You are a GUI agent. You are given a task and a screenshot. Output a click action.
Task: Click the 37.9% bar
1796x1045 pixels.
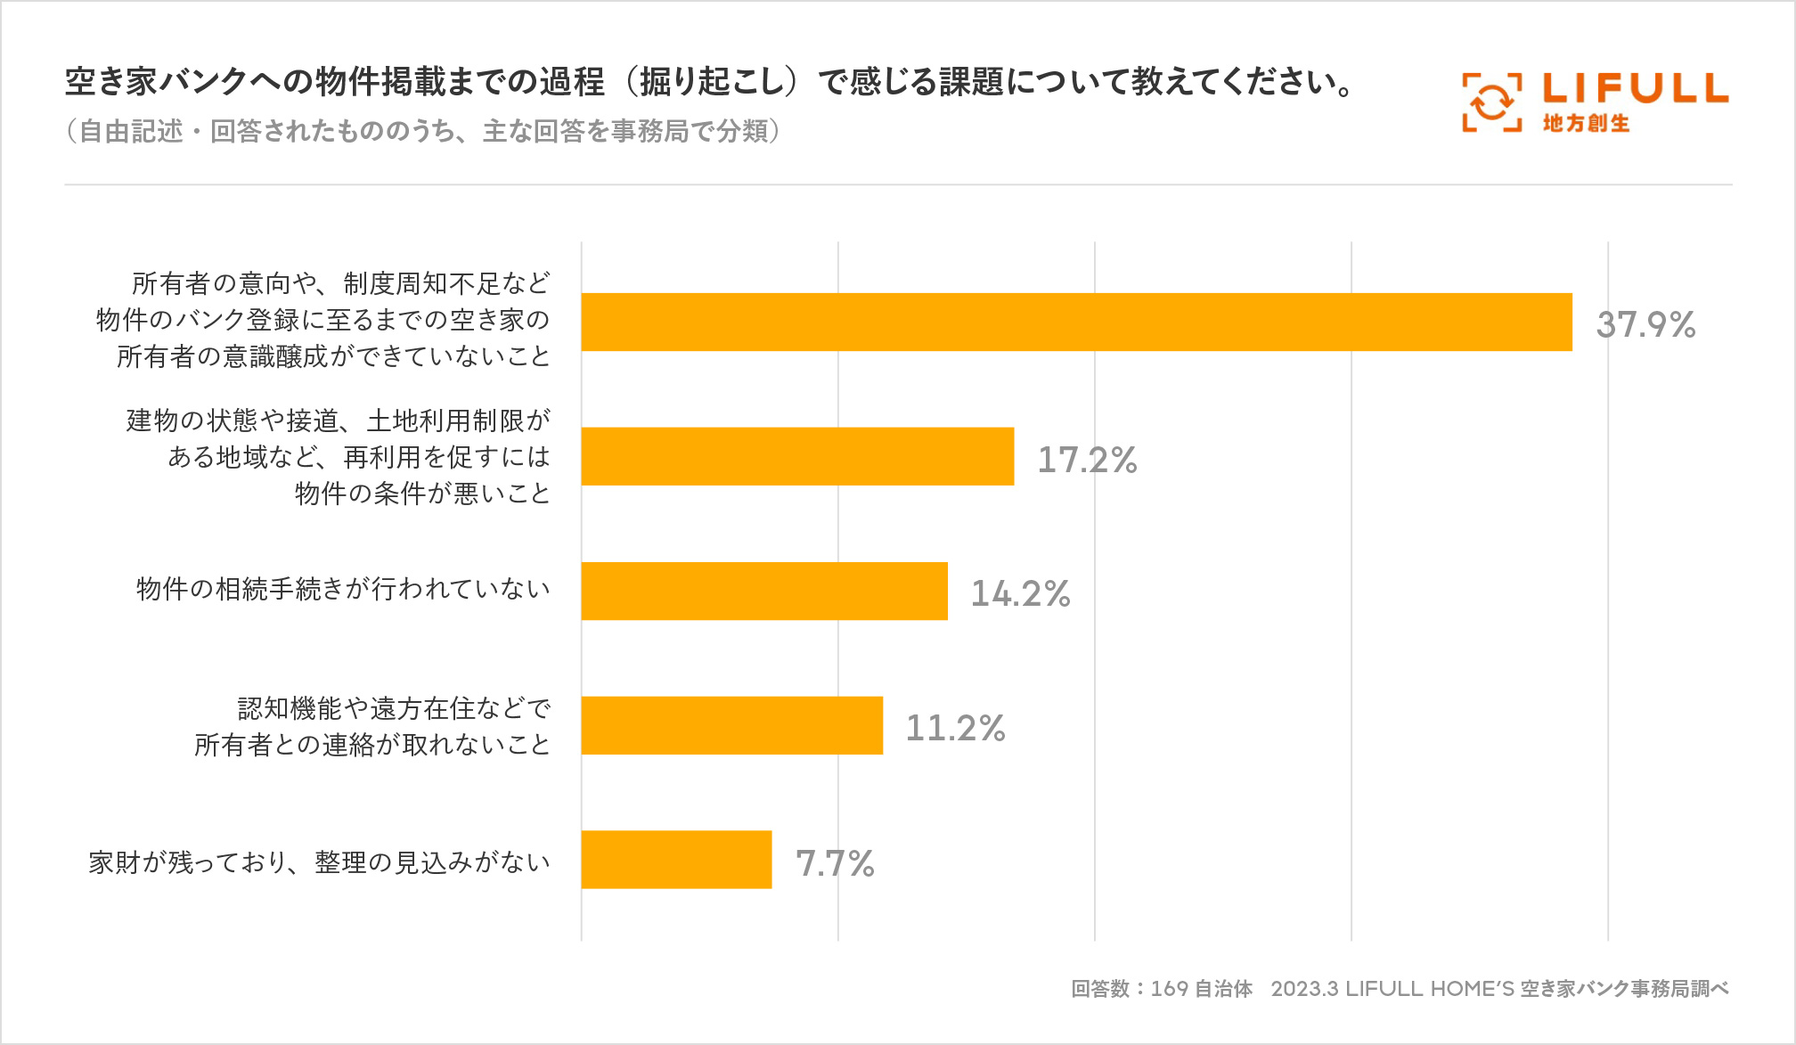(1076, 322)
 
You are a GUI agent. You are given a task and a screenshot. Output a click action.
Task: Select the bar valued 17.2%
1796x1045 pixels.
(797, 456)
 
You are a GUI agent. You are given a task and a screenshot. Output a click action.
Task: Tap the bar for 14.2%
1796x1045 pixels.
(764, 591)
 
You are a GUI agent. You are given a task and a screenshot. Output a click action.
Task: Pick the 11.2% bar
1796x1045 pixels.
(731, 725)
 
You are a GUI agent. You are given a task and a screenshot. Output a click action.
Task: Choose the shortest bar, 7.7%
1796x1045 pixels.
(676, 860)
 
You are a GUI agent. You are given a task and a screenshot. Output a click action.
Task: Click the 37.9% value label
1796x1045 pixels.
(1645, 325)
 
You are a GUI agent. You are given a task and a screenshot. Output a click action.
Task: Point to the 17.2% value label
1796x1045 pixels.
(1087, 460)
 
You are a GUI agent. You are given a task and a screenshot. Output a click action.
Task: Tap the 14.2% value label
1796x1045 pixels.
(1020, 594)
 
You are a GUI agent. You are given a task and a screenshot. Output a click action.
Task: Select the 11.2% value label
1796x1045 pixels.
(955, 729)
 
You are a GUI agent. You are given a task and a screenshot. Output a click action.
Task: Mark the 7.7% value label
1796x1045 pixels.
(835, 863)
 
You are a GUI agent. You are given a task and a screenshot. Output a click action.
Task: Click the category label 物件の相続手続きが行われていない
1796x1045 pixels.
(343, 589)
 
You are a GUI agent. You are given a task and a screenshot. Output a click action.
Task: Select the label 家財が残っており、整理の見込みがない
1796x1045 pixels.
(319, 862)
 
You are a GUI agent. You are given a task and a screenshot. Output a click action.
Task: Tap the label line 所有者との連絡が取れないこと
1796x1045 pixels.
(372, 745)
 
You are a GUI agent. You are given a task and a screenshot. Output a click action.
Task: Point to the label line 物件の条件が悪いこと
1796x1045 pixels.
(422, 494)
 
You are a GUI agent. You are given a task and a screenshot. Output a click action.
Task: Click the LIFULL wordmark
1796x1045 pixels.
(1635, 88)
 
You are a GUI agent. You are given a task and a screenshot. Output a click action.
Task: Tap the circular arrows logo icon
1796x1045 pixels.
(1491, 102)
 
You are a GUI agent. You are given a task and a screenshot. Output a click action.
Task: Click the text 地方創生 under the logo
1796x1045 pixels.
(1586, 124)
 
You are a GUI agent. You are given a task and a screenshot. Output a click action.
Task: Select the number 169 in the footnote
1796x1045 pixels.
(1169, 989)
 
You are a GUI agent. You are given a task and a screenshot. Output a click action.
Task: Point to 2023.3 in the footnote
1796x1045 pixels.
(1304, 989)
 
